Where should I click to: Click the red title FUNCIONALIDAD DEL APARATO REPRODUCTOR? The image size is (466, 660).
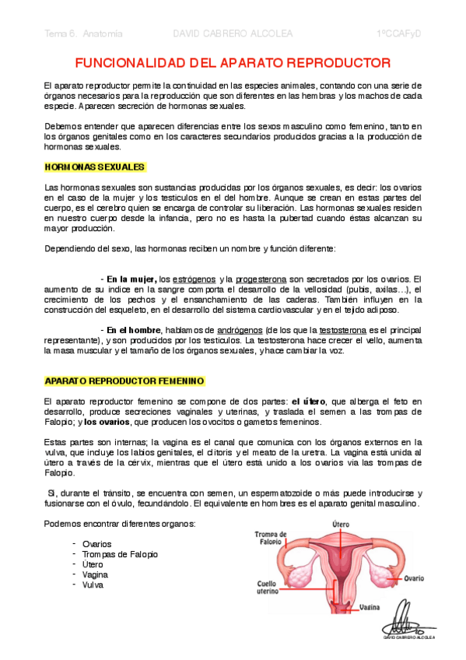point(233,61)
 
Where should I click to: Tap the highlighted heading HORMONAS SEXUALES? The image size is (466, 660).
point(94,167)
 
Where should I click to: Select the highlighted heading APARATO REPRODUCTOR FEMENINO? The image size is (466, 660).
point(124,381)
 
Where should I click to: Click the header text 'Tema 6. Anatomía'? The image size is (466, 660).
point(84,34)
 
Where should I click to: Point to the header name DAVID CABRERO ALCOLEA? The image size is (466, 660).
point(233,34)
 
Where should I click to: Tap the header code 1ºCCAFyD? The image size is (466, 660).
point(398,34)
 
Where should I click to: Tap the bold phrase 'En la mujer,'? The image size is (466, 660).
point(131,279)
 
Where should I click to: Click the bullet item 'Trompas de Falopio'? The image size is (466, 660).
point(120,554)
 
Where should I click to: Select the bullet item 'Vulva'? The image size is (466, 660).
point(93,585)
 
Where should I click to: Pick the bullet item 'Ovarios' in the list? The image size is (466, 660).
point(96,544)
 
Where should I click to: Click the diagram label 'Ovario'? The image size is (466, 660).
point(413,578)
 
